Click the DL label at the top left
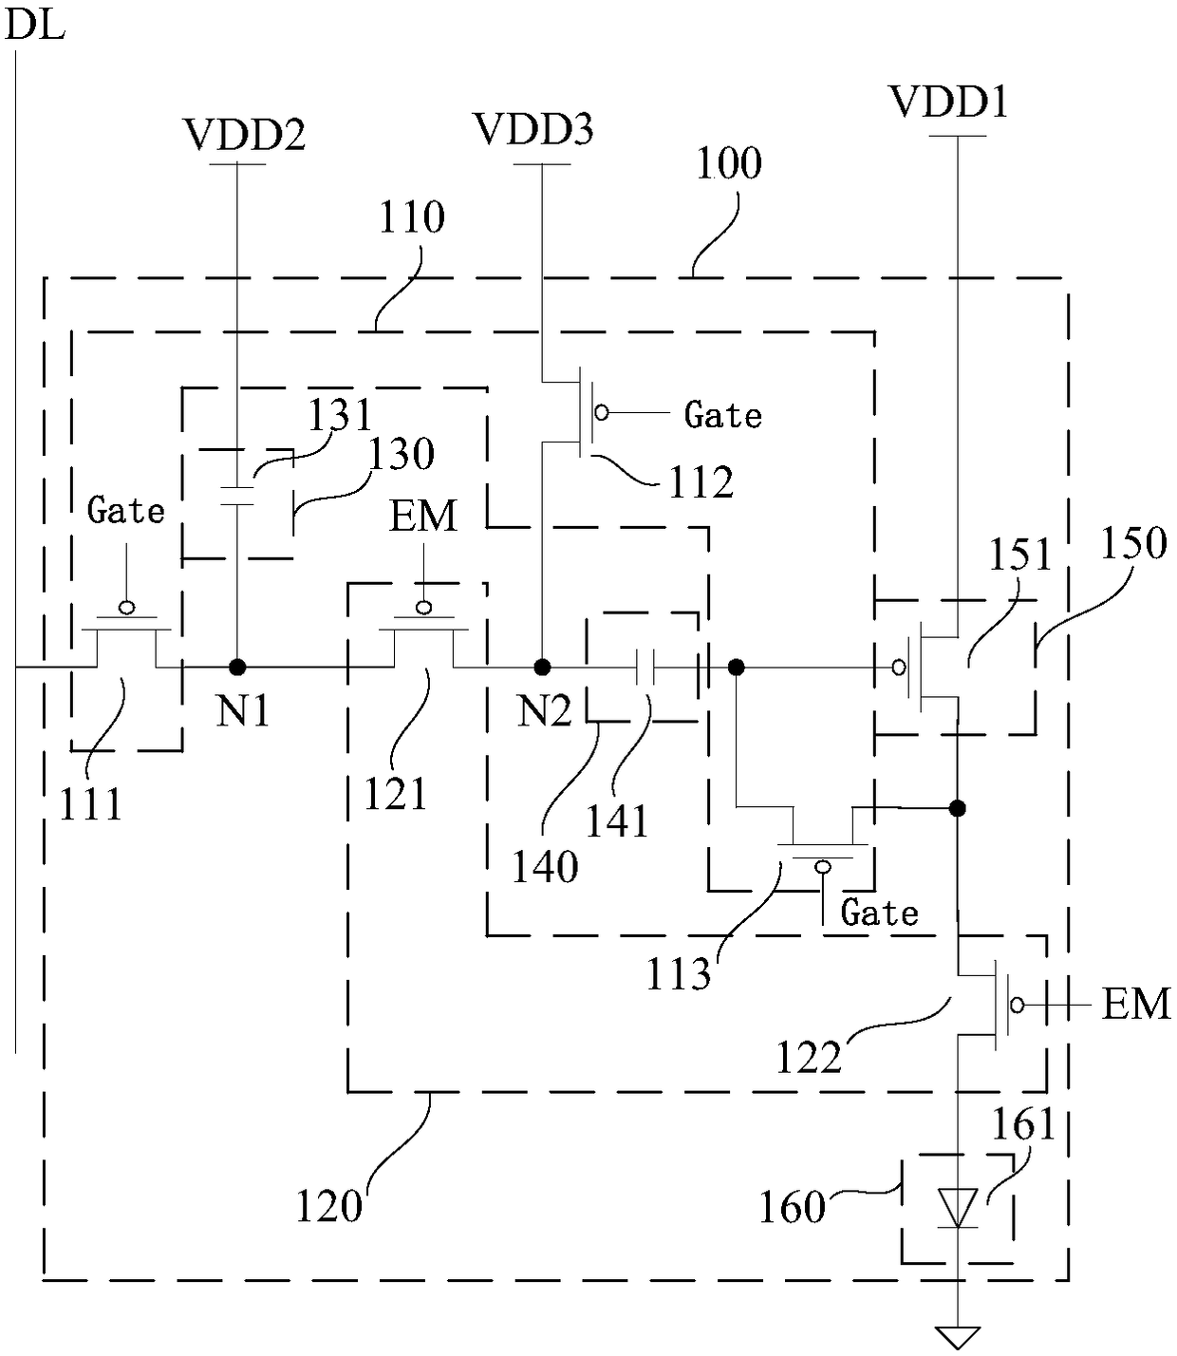click(35, 26)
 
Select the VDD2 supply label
click(244, 135)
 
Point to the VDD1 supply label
click(948, 102)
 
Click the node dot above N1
click(237, 667)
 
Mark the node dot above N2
click(543, 667)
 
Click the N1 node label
click(243, 712)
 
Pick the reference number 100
click(729, 163)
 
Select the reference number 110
click(411, 217)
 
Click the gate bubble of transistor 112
click(602, 412)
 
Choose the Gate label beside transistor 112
click(722, 416)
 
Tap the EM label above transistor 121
click(422, 517)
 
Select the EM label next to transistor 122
click(1136, 1005)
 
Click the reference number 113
click(679, 974)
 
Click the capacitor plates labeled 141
click(645, 667)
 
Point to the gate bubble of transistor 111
click(126, 607)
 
